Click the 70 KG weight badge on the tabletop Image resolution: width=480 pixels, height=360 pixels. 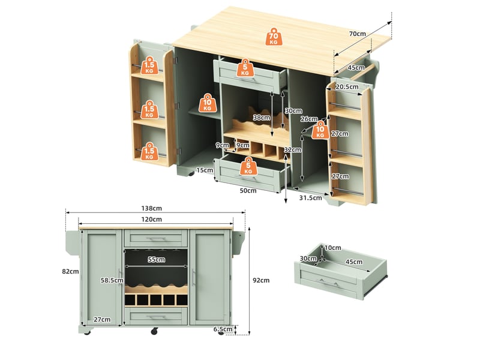(274, 37)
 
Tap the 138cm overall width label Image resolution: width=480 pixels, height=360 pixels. (152, 208)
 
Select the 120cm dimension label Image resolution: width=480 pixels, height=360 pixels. (152, 220)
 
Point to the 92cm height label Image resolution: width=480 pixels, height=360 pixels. (261, 280)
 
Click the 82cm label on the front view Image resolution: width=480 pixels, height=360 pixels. (70, 272)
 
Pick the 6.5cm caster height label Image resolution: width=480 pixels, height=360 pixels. (223, 329)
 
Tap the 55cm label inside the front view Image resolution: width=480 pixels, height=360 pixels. (157, 260)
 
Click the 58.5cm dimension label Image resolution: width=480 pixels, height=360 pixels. (112, 280)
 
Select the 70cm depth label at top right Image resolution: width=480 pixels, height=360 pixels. (357, 34)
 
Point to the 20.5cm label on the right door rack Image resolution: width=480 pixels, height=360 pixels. (347, 87)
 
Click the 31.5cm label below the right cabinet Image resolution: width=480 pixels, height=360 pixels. (310, 198)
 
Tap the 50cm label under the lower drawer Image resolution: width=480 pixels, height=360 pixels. (248, 191)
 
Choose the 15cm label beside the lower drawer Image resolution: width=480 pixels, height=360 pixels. (205, 170)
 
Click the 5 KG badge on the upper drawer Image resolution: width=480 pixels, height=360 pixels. (245, 68)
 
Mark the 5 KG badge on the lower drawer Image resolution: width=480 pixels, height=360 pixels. (248, 166)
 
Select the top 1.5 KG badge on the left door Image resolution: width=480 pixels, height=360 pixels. (149, 65)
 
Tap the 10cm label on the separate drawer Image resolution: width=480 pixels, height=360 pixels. (333, 248)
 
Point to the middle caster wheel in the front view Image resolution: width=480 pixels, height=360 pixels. (154, 331)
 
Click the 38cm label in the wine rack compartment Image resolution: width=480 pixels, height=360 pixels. (262, 118)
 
